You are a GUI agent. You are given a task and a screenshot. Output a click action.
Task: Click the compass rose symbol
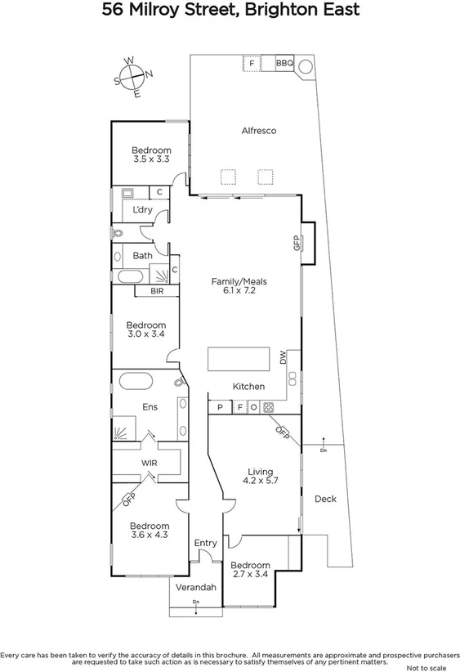click(x=134, y=77)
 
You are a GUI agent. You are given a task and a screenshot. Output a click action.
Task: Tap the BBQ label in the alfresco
click(x=284, y=63)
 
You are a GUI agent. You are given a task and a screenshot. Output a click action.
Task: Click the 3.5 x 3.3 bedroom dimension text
click(x=151, y=160)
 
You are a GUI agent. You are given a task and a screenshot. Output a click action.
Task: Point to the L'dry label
click(x=142, y=210)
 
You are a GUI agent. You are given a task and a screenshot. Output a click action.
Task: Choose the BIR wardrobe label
click(x=158, y=290)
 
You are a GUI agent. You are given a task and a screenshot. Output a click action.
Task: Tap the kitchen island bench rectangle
click(x=239, y=359)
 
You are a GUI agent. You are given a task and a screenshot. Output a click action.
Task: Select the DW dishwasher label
click(x=284, y=357)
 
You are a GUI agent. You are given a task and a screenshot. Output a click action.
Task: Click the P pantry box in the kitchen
click(x=219, y=406)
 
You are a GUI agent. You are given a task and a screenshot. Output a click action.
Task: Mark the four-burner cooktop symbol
click(x=268, y=406)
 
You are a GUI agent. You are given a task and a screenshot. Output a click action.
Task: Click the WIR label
click(x=149, y=463)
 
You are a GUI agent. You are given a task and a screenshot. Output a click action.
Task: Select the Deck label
click(x=325, y=499)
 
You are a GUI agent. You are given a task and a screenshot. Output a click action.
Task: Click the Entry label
click(x=205, y=543)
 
